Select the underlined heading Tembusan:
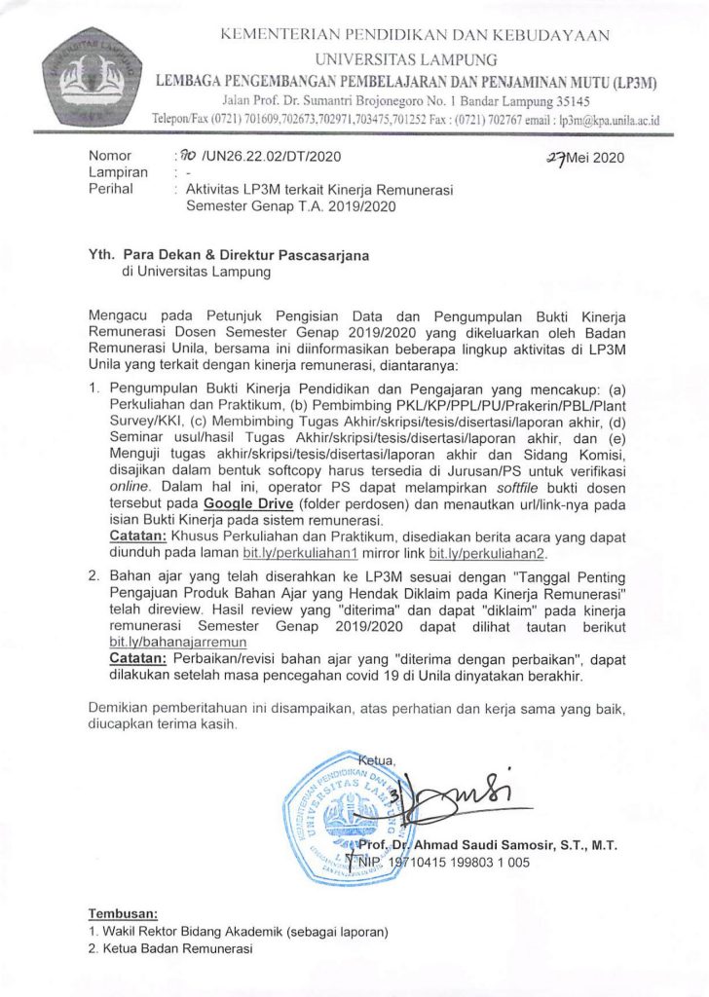[123, 914]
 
